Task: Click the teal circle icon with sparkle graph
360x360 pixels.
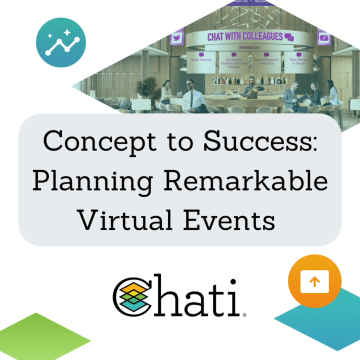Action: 61,41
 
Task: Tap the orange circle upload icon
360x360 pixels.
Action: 314,281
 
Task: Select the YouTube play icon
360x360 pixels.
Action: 323,37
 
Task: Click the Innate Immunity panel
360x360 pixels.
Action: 201,60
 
